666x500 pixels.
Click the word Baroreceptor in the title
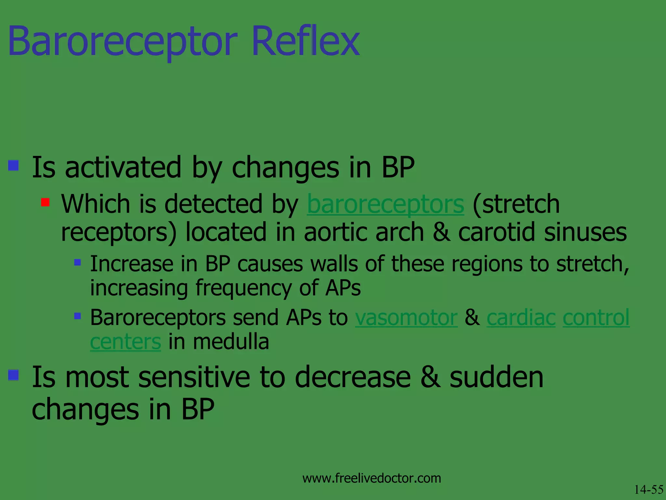click(123, 42)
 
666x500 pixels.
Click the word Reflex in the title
click(305, 42)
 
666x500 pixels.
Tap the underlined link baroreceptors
click(386, 204)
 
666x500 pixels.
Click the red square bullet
click(45, 202)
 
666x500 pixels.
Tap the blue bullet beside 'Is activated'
click(13, 165)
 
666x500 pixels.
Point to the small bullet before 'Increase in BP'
click(77, 262)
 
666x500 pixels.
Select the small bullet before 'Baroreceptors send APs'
click(77, 316)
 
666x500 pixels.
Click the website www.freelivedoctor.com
click(371, 478)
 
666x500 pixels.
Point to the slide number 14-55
click(648, 490)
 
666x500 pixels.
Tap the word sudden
click(496, 377)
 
